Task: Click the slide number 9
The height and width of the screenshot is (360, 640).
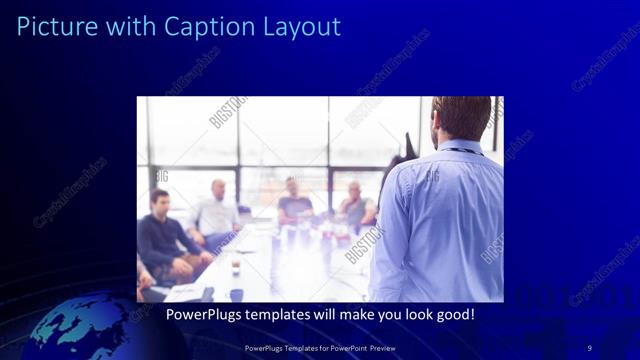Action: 589,347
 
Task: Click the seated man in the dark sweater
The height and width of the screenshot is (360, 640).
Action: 165,240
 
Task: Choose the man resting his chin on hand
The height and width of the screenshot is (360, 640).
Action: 355,205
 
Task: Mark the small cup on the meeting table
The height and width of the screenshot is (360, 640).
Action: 236,264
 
